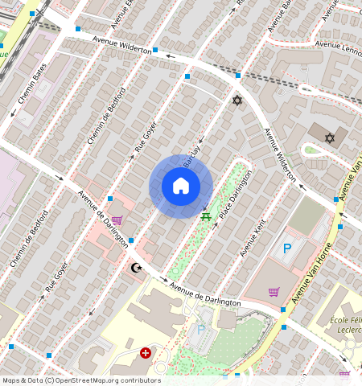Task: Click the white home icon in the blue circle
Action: [x=181, y=187]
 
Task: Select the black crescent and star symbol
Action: [x=136, y=267]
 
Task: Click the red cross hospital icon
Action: [x=146, y=352]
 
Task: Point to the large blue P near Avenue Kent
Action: [x=286, y=249]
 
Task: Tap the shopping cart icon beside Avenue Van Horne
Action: [x=274, y=292]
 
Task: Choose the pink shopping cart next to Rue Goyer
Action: [x=117, y=220]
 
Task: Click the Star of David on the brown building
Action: [x=329, y=138]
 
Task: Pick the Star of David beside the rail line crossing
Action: [x=237, y=100]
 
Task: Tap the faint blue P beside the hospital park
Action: [x=201, y=330]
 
